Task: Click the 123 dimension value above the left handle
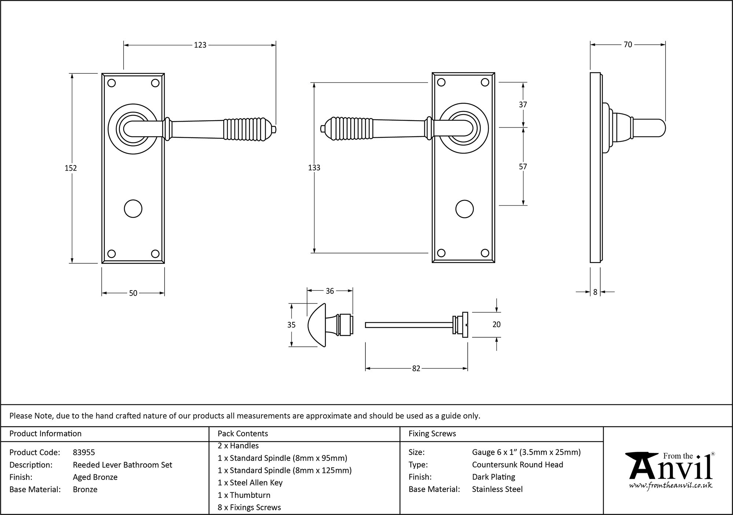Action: pos(200,45)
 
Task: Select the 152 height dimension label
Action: pos(71,168)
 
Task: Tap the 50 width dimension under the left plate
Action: pos(133,293)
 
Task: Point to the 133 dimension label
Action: pos(314,168)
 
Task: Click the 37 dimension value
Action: pos(523,105)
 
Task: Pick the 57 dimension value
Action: pos(523,167)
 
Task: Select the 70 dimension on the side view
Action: pos(628,45)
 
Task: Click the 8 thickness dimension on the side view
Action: pos(595,292)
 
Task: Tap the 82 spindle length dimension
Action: pos(416,369)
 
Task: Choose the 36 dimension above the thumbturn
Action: pos(329,291)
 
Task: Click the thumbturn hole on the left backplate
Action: pos(133,209)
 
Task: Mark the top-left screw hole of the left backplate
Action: pos(112,83)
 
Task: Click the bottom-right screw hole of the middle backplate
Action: pos(485,253)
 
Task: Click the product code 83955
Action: pos(84,452)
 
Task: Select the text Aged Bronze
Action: pos(95,477)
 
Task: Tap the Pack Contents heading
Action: pos(243,434)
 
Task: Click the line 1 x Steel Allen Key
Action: pos(250,483)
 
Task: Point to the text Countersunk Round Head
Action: pos(517,464)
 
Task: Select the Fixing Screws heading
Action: pos(432,434)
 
